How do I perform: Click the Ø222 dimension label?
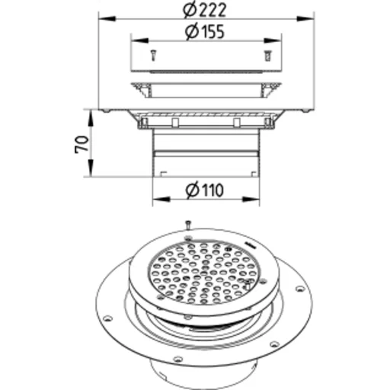click(x=204, y=11)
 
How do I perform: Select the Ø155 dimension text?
click(x=205, y=32)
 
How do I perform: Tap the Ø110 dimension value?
click(x=205, y=190)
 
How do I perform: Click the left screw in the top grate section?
click(x=153, y=56)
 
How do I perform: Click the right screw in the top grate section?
click(x=267, y=56)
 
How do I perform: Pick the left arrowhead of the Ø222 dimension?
click(x=107, y=18)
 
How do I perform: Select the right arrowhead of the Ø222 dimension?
click(x=306, y=18)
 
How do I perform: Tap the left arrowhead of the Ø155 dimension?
click(x=139, y=40)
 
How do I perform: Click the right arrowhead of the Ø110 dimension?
click(x=251, y=200)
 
